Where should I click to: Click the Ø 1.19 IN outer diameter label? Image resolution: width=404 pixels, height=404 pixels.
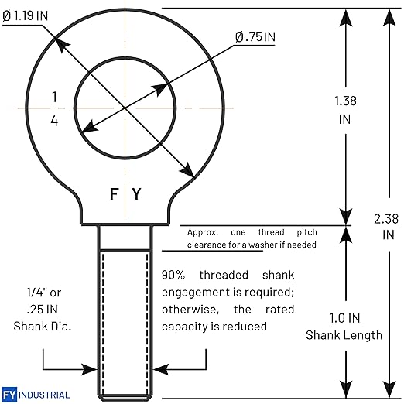pyautogui.click(x=26, y=15)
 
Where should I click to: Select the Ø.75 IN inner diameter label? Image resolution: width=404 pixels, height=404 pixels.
pyautogui.click(x=255, y=37)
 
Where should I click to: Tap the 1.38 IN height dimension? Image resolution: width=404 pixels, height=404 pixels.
pyautogui.click(x=345, y=110)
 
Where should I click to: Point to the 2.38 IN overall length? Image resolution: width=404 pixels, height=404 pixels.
pyautogui.click(x=386, y=227)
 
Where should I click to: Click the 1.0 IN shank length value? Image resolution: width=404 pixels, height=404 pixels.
pyautogui.click(x=344, y=318)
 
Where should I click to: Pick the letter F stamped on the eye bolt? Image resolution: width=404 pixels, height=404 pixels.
pyautogui.click(x=114, y=194)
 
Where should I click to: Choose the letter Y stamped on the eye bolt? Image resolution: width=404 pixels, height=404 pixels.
pyautogui.click(x=137, y=194)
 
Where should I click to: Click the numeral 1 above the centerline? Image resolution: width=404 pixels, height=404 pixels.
pyautogui.click(x=54, y=97)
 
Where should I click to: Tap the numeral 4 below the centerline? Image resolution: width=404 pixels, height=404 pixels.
pyautogui.click(x=54, y=121)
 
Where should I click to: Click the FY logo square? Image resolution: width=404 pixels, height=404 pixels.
pyautogui.click(x=9, y=395)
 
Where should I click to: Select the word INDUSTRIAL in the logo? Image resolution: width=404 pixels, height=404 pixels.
pyautogui.click(x=44, y=395)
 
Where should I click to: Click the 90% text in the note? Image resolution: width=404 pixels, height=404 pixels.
pyautogui.click(x=173, y=275)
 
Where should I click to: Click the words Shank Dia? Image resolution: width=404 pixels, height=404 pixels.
pyautogui.click(x=43, y=327)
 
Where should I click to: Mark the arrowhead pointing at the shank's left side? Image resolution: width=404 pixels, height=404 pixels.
pyautogui.click(x=89, y=369)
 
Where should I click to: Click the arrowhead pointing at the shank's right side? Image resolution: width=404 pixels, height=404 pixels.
pyautogui.click(x=161, y=369)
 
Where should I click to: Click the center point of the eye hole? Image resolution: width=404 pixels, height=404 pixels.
pyautogui.click(x=125, y=108)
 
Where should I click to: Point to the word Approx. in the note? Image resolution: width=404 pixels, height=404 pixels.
pyautogui.click(x=203, y=233)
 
